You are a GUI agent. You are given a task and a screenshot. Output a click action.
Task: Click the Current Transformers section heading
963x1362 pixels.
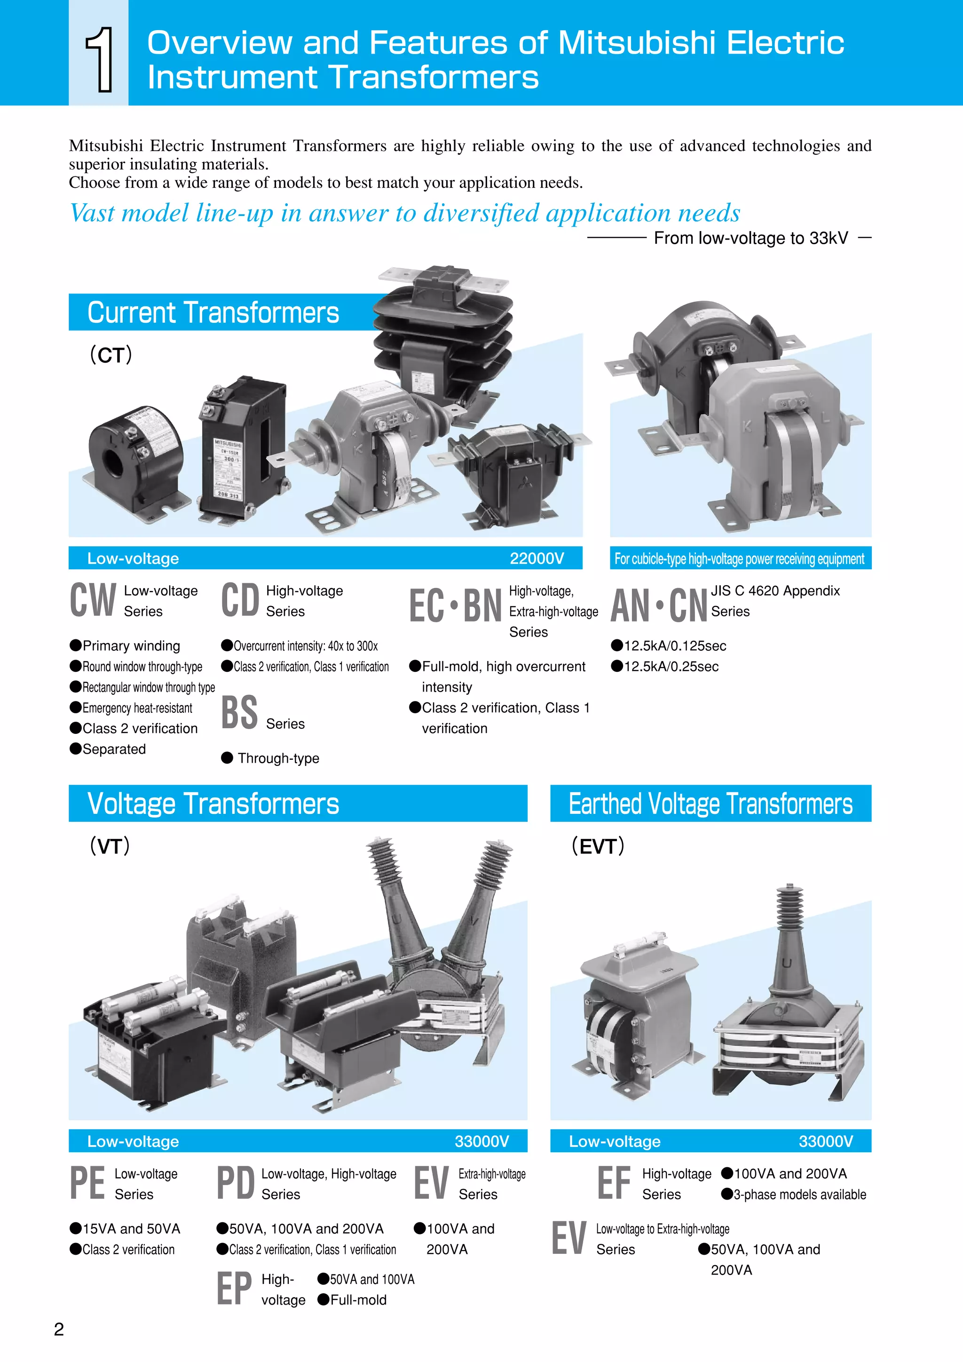point(213,312)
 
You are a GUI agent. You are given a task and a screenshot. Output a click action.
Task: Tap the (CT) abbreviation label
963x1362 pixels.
point(111,355)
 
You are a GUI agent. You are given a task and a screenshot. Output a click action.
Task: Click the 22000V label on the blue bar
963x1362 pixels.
point(537,558)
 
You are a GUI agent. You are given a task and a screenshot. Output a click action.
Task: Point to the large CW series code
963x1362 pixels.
point(93,600)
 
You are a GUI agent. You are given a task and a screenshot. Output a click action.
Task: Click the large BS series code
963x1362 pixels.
point(239,712)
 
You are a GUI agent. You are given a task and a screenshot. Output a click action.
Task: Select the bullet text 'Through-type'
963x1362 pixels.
point(278,758)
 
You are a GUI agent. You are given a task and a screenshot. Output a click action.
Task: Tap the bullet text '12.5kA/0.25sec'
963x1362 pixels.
point(671,666)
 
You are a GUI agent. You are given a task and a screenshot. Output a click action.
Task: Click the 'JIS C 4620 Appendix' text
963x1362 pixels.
point(775,591)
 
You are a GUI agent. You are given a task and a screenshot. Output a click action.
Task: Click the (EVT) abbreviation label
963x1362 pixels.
point(598,846)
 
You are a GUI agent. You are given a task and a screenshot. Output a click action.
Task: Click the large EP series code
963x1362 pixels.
point(234,1289)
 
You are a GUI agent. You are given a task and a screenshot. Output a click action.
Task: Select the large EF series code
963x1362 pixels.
point(614,1183)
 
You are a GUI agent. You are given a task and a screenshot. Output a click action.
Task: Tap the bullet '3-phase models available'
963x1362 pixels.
point(799,1194)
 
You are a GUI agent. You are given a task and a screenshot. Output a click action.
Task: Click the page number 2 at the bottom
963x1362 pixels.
point(59,1330)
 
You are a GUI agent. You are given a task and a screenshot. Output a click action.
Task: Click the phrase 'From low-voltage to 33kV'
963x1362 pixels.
point(751,238)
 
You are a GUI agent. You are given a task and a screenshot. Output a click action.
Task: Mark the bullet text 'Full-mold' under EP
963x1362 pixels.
point(358,1300)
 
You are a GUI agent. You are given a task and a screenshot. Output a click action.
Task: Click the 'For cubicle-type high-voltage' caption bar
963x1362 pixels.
point(740,558)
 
